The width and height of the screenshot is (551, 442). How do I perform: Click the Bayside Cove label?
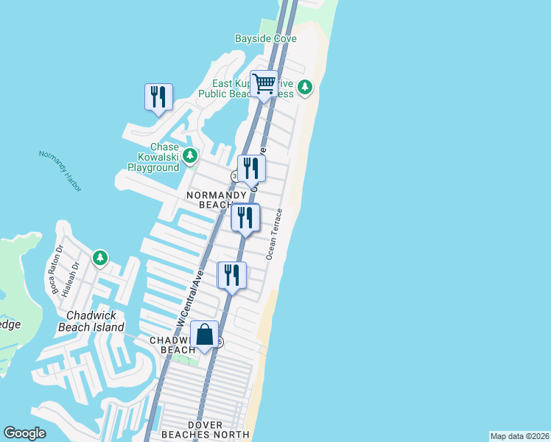pyautogui.click(x=265, y=38)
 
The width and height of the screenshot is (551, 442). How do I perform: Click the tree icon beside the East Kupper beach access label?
pyautogui.click(x=305, y=88)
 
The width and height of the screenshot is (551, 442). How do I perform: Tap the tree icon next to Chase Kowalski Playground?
pyautogui.click(x=191, y=155)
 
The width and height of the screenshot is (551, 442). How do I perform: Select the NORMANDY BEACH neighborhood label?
pyautogui.click(x=211, y=200)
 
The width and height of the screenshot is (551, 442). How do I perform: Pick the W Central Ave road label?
pyautogui.click(x=189, y=298)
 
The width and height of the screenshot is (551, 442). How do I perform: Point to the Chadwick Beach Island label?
pyautogui.click(x=91, y=321)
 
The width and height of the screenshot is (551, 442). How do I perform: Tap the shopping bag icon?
pyautogui.click(x=205, y=336)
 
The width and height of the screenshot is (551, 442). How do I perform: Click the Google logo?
pyautogui.click(x=24, y=433)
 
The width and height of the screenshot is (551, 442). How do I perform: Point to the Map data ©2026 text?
pyautogui.click(x=519, y=436)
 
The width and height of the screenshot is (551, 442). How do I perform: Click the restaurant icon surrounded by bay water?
pyautogui.click(x=158, y=97)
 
